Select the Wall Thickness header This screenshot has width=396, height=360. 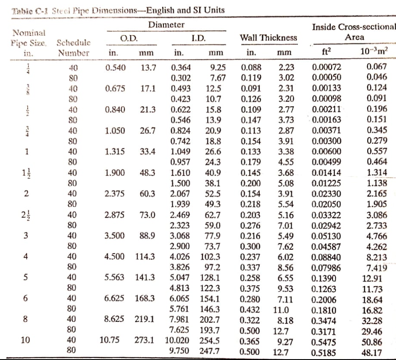pyautogui.click(x=269, y=38)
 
